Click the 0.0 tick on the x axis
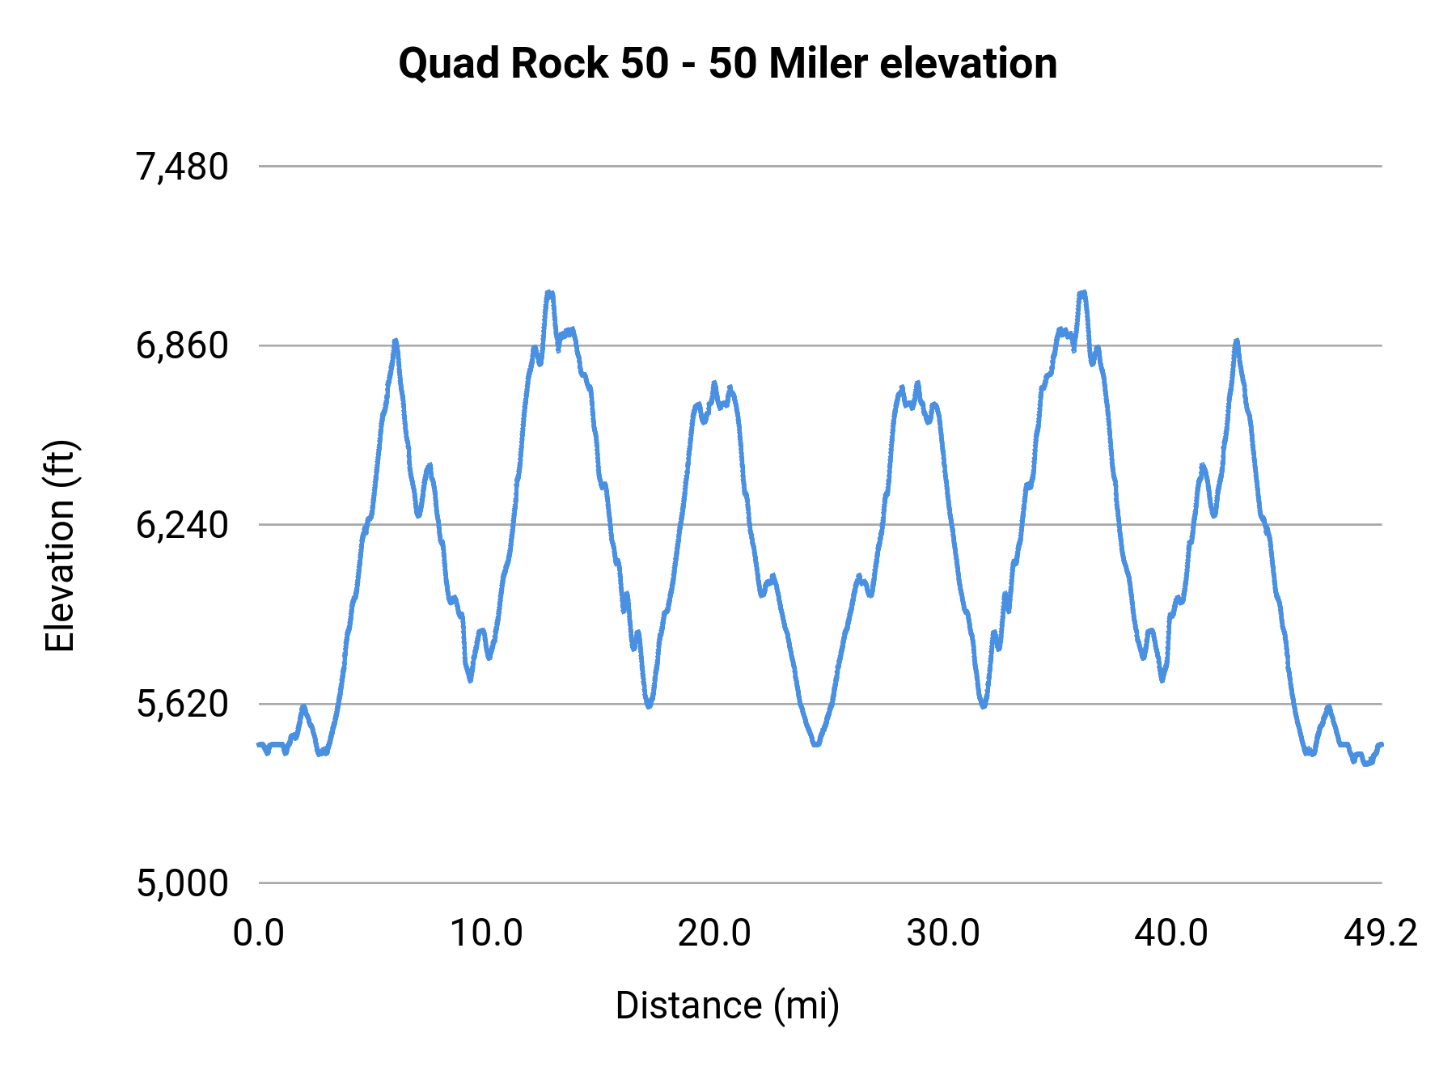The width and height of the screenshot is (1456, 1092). [258, 933]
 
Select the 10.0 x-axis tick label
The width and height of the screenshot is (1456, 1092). [486, 933]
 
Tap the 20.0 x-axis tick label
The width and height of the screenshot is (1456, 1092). [714, 933]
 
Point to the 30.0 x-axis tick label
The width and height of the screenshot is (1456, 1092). [942, 933]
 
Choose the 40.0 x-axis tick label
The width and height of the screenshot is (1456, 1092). [1170, 933]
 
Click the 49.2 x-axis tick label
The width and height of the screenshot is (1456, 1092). [1381, 933]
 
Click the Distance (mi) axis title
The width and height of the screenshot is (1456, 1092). [727, 1005]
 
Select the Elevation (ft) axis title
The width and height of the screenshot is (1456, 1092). [59, 546]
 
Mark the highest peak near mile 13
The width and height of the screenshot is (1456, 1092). [550, 293]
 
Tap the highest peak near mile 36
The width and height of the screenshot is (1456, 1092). [1082, 293]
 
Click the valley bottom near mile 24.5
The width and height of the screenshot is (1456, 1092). [816, 743]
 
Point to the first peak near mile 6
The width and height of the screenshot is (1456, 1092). [396, 341]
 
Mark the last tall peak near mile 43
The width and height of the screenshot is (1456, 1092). [1236, 341]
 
